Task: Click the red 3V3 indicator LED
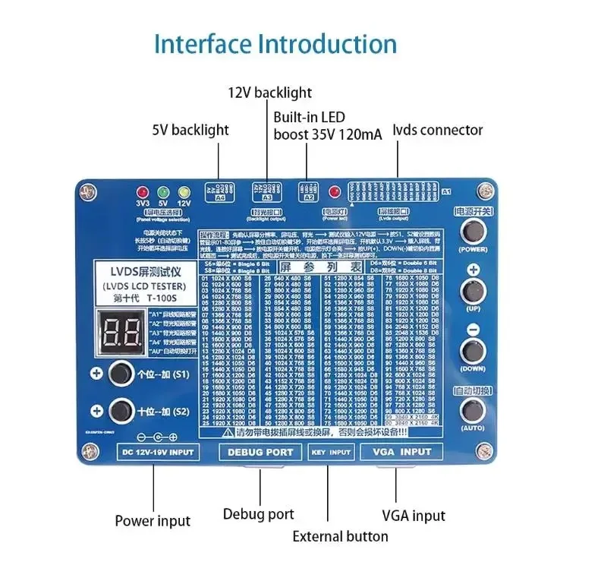140,193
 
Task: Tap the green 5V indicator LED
162,193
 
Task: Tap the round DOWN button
474,352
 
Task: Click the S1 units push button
119,374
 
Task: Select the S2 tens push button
119,411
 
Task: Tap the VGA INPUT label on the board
404,452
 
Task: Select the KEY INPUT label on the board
331,452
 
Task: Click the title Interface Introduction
275,43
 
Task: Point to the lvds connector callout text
437,130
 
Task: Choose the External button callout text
340,536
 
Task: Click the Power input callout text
153,521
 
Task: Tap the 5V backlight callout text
190,130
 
